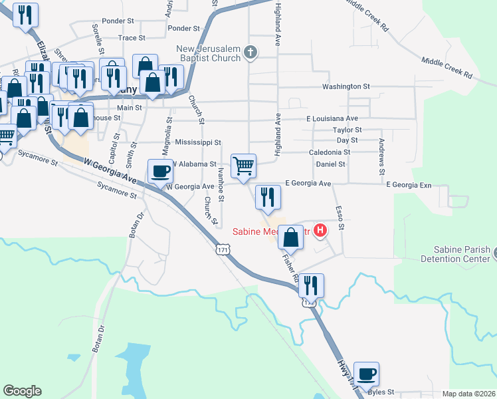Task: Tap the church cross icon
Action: pos(250,52)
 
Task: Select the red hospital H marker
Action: pos(320,231)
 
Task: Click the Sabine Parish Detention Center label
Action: pos(458,253)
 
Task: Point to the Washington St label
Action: pos(346,87)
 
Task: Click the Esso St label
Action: pos(340,217)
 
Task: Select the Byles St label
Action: pos(381,392)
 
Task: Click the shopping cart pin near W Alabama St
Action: pos(244,166)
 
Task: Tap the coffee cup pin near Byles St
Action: pos(366,373)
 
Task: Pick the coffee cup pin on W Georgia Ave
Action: pos(159,171)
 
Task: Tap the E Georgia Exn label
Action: pos(409,184)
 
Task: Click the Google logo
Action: pos(23,391)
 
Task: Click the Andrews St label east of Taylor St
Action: pos(381,157)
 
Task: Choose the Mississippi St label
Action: pos(198,142)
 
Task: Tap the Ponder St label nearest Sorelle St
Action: pos(119,21)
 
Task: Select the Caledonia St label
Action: pos(329,152)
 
